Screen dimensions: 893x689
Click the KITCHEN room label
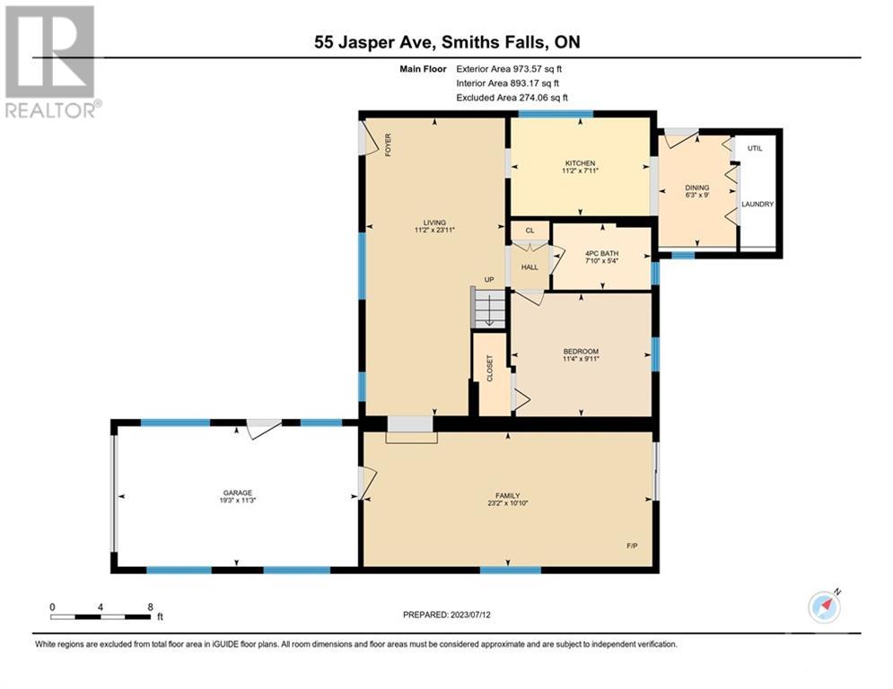tap(580, 163)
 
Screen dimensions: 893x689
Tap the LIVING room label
tap(434, 222)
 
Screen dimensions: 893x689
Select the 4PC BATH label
tap(601, 253)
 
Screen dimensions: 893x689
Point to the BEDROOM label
tap(581, 352)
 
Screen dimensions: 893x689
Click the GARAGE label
tap(238, 493)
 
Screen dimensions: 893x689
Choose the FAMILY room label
tap(507, 496)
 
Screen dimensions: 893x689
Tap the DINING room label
tap(697, 188)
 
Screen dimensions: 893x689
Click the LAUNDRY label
tap(757, 204)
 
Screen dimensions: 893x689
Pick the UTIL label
tap(755, 148)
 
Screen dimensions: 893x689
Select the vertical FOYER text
tap(388, 144)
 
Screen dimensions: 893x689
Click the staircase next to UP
tap(488, 308)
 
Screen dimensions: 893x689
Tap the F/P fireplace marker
tap(632, 545)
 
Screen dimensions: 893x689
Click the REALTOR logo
tap(51, 62)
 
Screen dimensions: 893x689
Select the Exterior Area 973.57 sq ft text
tap(509, 69)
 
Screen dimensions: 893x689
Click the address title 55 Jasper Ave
tap(375, 42)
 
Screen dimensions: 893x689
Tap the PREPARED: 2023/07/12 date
tap(447, 615)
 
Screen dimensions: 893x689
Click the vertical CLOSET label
tap(490, 369)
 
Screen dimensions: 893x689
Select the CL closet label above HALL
tap(530, 231)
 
